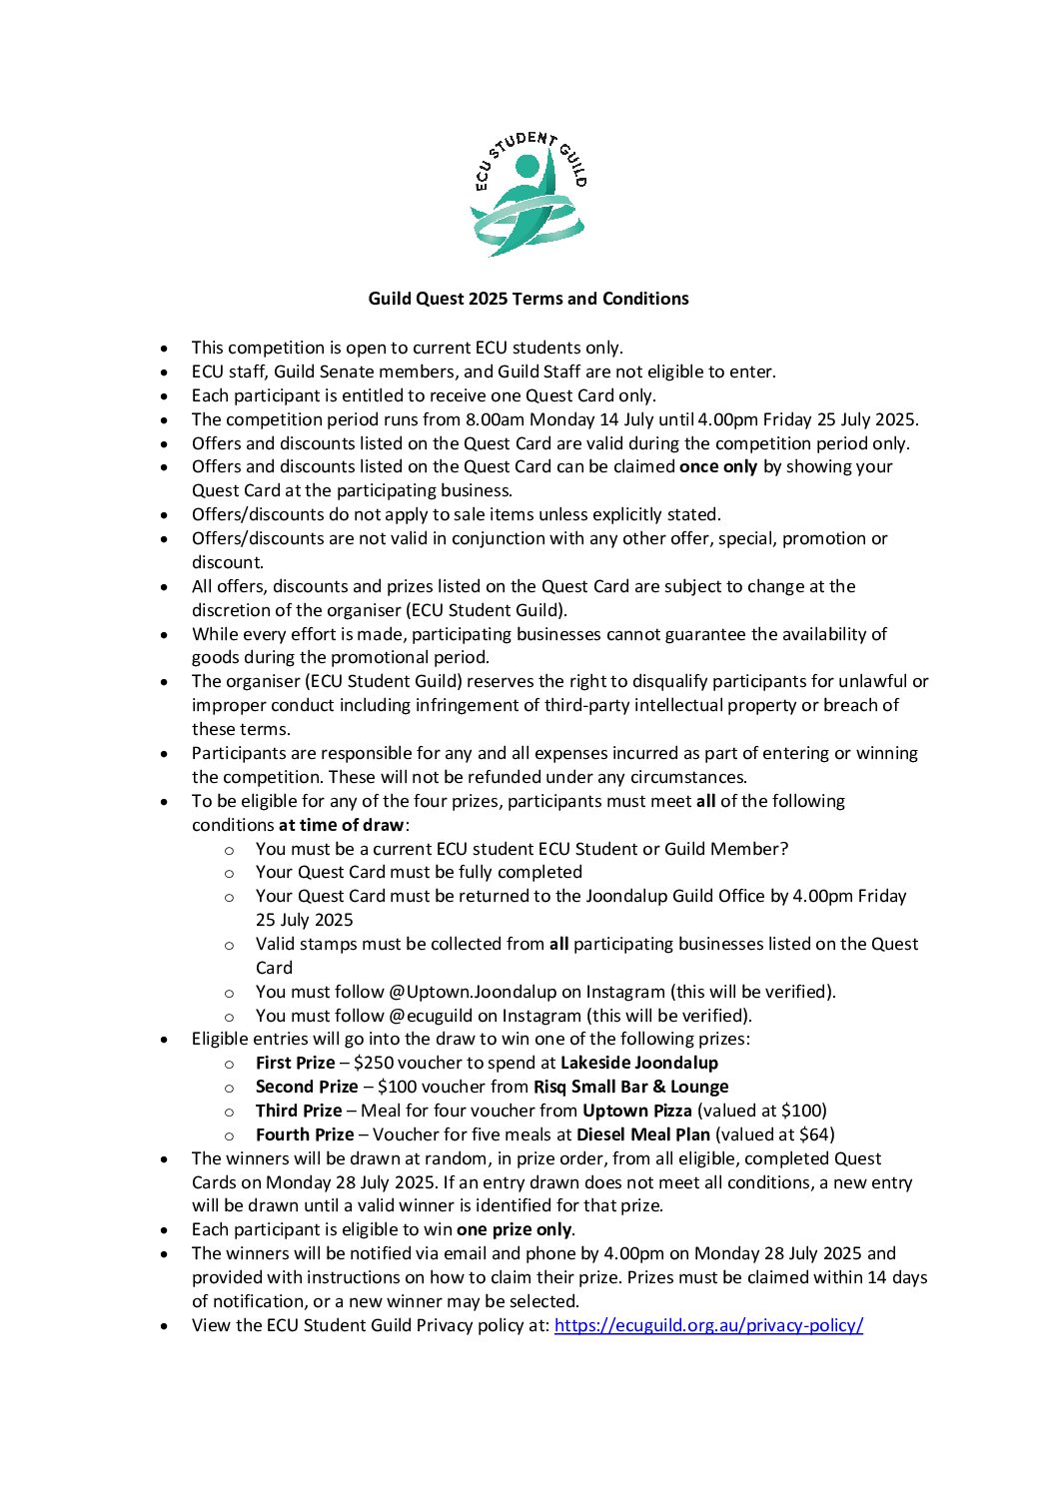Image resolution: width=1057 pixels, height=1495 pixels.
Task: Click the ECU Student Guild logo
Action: [528, 194]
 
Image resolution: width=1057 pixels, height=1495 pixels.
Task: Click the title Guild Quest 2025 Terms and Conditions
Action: [528, 299]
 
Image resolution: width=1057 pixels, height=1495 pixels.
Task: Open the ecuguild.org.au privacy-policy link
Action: [708, 1325]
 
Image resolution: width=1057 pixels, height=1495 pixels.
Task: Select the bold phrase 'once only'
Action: [718, 466]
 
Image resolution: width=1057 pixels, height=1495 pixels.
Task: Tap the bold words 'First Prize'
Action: [295, 1063]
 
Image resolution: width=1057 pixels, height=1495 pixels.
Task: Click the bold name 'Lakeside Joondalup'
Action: [638, 1063]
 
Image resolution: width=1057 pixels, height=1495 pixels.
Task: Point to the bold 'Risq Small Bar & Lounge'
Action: [630, 1087]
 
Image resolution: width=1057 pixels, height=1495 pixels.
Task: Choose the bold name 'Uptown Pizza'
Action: [636, 1111]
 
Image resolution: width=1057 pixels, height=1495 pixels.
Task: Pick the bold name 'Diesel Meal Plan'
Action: [642, 1134]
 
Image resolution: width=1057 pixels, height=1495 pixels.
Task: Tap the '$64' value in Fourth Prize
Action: [813, 1134]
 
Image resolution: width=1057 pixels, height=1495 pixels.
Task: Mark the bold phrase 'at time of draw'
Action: [342, 825]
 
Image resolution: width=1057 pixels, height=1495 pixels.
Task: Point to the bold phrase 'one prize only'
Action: [514, 1229]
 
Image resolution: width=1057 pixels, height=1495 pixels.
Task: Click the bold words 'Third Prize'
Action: [298, 1111]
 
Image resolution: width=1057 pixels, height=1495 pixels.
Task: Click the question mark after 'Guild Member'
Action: [783, 849]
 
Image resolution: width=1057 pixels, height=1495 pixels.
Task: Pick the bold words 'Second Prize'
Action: [306, 1087]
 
